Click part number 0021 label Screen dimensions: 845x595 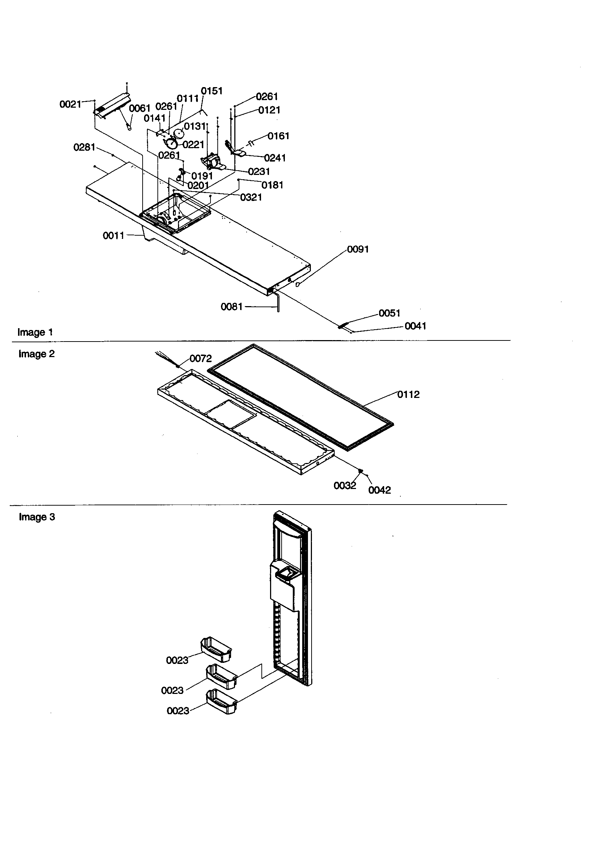(70, 104)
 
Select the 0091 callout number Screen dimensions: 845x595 (358, 249)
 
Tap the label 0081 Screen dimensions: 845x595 (232, 306)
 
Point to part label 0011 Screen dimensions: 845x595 (113, 236)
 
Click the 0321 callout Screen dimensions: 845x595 (251, 198)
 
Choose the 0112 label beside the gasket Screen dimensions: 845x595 (408, 395)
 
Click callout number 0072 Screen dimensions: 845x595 (201, 359)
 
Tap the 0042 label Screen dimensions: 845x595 (379, 490)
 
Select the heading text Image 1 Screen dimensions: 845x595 (35, 333)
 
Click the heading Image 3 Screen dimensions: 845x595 (37, 517)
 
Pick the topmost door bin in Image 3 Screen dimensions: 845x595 (216, 649)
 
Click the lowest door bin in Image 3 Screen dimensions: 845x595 (221, 702)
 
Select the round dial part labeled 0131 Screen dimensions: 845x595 (178, 133)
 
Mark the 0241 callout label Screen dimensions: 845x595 (275, 158)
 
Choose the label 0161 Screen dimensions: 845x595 (278, 136)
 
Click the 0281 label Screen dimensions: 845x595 (84, 147)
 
